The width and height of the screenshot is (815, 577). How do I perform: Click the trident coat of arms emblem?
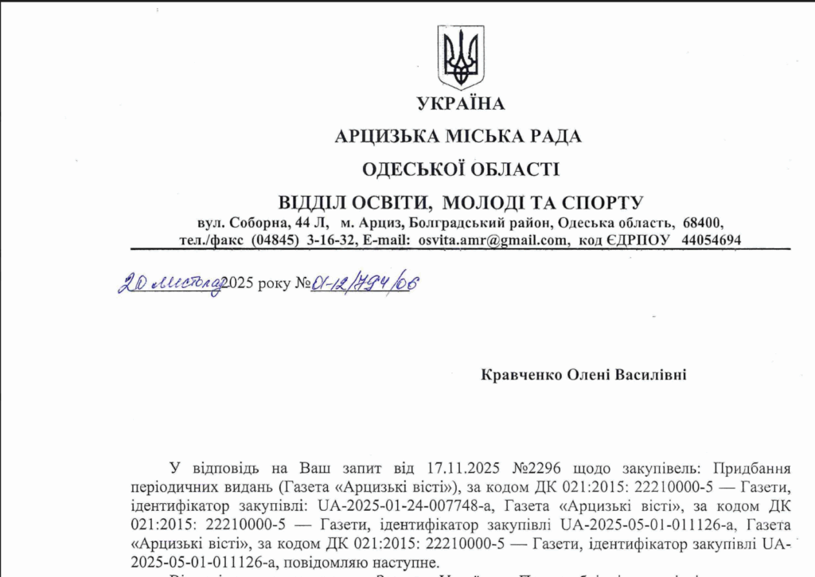tap(461, 57)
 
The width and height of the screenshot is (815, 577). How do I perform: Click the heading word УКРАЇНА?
tap(460, 103)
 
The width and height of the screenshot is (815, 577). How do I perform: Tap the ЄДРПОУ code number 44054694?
tap(712, 239)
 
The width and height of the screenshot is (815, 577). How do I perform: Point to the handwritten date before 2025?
tap(169, 283)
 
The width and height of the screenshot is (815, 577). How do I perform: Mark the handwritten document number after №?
tap(363, 283)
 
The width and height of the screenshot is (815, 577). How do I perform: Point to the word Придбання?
tap(753, 467)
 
